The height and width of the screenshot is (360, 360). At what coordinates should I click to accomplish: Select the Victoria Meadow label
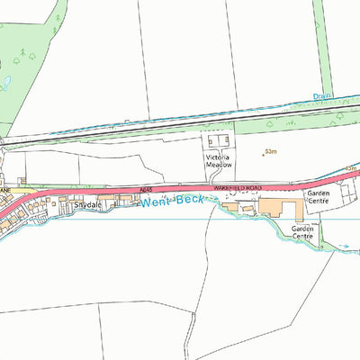[217, 161]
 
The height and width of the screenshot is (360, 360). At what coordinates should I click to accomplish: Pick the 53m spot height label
[271, 151]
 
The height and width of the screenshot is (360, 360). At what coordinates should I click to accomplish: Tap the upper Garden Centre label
[318, 197]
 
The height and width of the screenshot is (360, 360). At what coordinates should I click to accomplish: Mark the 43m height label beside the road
[351, 168]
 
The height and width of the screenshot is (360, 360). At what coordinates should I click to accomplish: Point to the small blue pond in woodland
[5, 83]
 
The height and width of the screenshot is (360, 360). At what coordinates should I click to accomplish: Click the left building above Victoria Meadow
[213, 141]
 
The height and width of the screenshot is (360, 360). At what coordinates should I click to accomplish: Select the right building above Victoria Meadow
[226, 141]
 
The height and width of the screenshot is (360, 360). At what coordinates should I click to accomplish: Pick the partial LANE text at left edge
[4, 191]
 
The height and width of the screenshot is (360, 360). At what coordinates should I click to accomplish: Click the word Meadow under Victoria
[217, 166]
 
